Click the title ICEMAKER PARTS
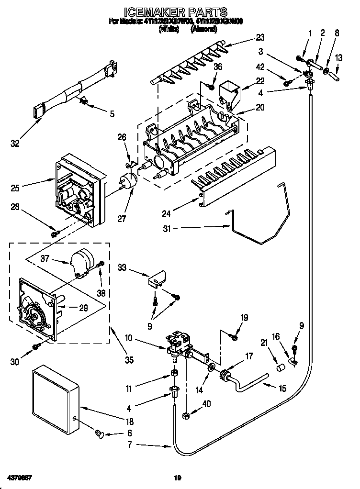[x=175, y=12]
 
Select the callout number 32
[x=16, y=143]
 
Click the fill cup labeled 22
[x=228, y=92]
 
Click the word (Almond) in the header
[x=203, y=29]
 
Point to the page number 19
[x=178, y=478]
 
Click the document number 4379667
[x=20, y=478]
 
